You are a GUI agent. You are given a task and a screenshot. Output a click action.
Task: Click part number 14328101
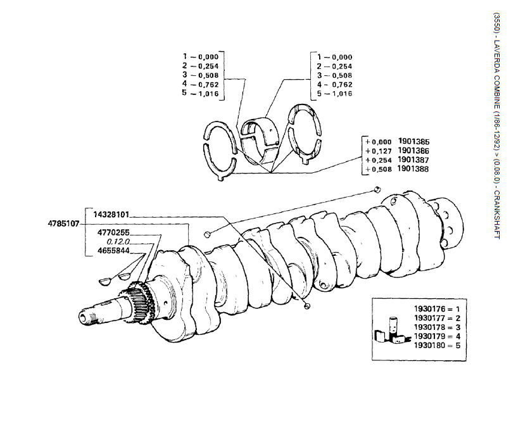click(x=111, y=215)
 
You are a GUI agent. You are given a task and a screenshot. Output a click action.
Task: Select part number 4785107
click(x=63, y=224)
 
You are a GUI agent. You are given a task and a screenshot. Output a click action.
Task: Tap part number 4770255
click(x=113, y=232)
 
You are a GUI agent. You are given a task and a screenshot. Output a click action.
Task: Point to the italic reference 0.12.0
click(x=118, y=242)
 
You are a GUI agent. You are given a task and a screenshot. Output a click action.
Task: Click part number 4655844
click(x=113, y=251)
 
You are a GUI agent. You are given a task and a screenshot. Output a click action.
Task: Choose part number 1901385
click(x=413, y=142)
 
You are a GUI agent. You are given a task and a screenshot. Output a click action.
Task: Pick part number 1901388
click(x=413, y=169)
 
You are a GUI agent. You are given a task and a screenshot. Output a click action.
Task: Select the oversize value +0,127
click(x=379, y=151)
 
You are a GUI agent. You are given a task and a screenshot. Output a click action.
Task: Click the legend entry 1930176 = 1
click(x=437, y=309)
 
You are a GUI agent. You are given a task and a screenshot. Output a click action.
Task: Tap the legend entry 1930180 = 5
click(x=437, y=346)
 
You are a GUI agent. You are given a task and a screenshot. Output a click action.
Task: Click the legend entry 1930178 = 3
click(x=437, y=327)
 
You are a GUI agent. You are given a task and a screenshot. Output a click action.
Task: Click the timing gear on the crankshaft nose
click(x=138, y=302)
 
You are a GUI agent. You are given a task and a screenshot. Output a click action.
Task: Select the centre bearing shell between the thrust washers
click(x=260, y=141)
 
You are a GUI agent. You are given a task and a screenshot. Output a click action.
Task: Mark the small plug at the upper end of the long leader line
click(x=377, y=189)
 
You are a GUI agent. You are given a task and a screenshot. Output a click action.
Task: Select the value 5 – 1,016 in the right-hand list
click(x=335, y=94)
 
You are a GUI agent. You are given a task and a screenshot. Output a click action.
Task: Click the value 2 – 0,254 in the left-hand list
click(x=201, y=66)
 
